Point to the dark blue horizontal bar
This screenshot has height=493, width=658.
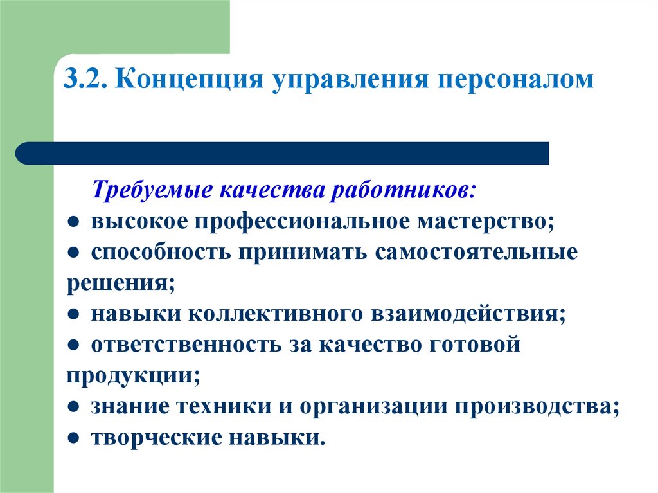tap(283, 154)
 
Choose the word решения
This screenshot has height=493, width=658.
tap(120, 283)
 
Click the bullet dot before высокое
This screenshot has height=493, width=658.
tap(75, 222)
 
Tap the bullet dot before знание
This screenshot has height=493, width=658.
tap(75, 408)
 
